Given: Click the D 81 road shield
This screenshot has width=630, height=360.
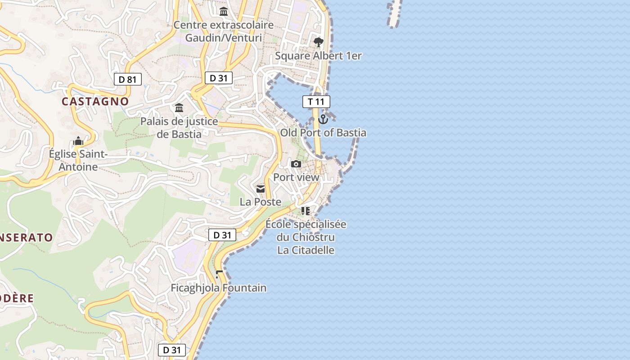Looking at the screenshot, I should (128, 80).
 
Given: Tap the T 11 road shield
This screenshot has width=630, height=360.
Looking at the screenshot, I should (316, 102).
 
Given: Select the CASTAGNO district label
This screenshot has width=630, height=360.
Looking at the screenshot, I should (95, 101).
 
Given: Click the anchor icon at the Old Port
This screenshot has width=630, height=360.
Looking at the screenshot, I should (323, 119).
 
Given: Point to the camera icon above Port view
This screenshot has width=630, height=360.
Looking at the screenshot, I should (296, 164).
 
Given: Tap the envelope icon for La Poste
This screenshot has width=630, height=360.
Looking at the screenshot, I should (261, 189).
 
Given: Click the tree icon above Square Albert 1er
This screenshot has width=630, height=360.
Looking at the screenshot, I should (318, 43).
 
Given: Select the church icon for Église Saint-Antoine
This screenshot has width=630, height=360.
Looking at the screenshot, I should (78, 141).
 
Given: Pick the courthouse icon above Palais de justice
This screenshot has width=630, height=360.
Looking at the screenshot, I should (179, 108).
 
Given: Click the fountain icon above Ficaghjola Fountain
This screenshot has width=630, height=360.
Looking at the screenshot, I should (219, 274).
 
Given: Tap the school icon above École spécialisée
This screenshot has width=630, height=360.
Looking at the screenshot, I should (306, 211).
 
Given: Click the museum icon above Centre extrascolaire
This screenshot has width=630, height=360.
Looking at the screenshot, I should (224, 11).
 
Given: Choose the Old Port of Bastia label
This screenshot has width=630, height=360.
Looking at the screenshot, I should (323, 133).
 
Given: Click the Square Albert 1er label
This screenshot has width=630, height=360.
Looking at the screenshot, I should (318, 56).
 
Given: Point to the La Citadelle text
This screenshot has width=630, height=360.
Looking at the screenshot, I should (306, 250).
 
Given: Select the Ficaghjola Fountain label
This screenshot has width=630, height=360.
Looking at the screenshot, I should (219, 288).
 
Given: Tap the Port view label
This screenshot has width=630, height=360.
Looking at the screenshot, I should (296, 177).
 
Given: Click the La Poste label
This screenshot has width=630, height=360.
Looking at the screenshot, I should (261, 202).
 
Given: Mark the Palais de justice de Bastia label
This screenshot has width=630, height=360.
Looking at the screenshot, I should (179, 127).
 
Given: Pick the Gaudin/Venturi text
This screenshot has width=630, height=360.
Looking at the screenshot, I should (224, 38).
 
